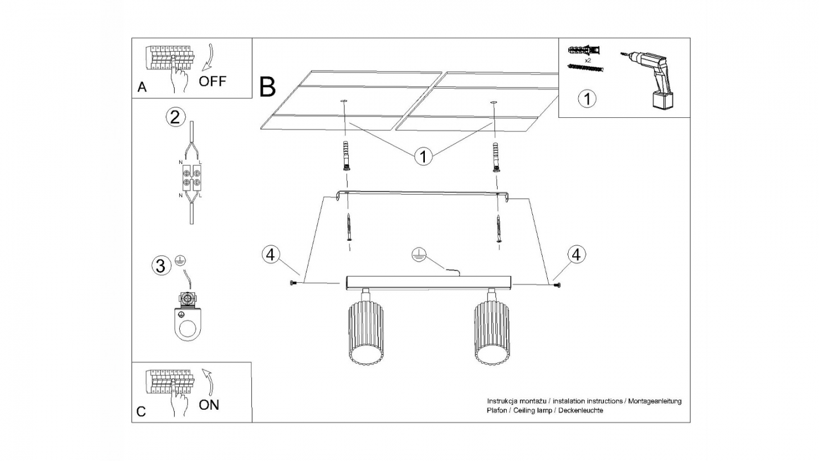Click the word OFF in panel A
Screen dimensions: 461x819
coord(212,81)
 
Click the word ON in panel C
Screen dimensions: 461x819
coord(209,405)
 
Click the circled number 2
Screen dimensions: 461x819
coord(175,117)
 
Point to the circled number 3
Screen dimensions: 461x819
coord(162,265)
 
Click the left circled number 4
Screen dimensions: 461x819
coord(271,254)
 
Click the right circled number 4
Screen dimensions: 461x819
coord(577,254)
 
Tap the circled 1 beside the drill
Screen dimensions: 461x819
coord(587,99)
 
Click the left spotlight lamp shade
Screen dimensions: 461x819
coord(364,334)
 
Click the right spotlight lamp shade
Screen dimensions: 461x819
coord(491,334)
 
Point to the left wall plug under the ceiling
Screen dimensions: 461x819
coord(346,156)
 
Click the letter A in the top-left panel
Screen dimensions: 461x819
coord(142,87)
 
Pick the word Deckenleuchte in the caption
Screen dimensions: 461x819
coord(584,410)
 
